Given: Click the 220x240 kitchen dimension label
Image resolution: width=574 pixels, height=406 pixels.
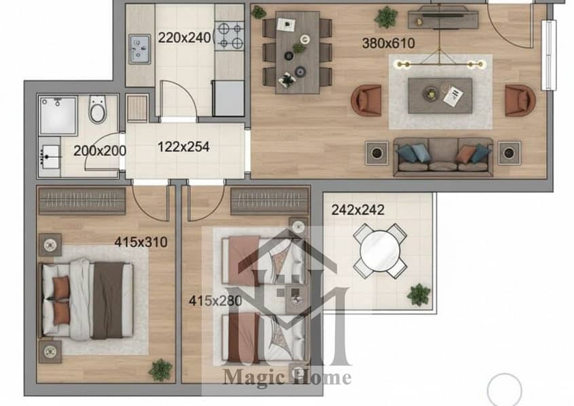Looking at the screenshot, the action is click(x=185, y=38).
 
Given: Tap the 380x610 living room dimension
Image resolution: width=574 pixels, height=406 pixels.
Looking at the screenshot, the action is click(x=388, y=43).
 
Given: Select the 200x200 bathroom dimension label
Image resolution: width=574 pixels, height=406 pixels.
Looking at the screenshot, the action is click(x=100, y=150).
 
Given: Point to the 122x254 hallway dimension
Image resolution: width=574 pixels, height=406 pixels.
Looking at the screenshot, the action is click(x=183, y=147).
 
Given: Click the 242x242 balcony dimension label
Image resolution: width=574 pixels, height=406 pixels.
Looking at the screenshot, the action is click(x=358, y=210).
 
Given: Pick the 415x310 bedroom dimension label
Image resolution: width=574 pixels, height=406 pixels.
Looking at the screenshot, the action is click(x=141, y=242).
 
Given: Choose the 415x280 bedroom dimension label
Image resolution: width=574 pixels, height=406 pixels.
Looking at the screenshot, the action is click(x=215, y=301).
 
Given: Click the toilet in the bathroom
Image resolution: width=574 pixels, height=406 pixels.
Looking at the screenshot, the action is click(x=98, y=109).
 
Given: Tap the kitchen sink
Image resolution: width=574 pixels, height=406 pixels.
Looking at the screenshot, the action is click(x=140, y=49).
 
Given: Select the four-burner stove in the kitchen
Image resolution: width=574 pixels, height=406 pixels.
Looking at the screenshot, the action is click(x=229, y=35).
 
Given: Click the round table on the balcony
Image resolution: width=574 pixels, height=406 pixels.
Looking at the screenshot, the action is click(x=380, y=251).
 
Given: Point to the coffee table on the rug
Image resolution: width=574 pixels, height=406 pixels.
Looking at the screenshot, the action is click(x=440, y=96).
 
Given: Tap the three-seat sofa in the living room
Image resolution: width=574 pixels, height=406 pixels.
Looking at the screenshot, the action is click(x=443, y=156).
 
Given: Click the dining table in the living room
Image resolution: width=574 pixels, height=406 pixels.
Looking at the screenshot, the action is click(x=298, y=52).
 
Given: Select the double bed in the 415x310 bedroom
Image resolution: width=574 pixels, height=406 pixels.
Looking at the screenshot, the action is click(x=86, y=300).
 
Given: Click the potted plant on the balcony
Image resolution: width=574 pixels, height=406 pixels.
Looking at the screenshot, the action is click(x=419, y=294).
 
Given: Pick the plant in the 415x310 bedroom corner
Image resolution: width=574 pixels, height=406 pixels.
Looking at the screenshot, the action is click(x=160, y=370).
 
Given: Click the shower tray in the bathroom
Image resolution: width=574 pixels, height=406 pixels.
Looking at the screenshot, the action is click(x=58, y=116).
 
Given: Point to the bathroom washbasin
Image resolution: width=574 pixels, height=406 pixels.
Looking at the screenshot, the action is click(x=50, y=157).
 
